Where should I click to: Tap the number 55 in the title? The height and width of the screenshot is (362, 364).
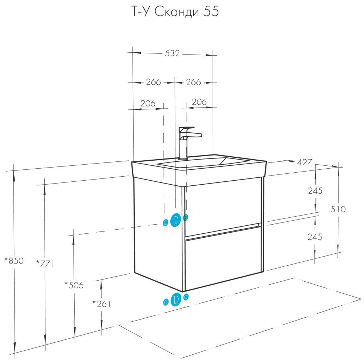click(211, 12)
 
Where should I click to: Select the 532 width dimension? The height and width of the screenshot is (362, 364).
click(173, 53)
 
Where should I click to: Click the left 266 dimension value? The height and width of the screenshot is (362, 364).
click(153, 82)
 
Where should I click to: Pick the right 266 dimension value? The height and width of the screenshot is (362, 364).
click(193, 82)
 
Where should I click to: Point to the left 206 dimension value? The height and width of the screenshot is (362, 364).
click(148, 104)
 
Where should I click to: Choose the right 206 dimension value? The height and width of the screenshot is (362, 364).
click(199, 102)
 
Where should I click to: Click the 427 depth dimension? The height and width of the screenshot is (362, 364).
click(305, 162)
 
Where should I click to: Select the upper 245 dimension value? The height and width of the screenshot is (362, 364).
click(315, 191)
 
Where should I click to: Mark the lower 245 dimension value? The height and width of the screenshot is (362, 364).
click(315, 237)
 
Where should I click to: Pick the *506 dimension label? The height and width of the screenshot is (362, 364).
click(74, 285)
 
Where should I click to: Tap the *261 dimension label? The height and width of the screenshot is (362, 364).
click(101, 303)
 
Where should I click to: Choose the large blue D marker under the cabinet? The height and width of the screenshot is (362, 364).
click(175, 299)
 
